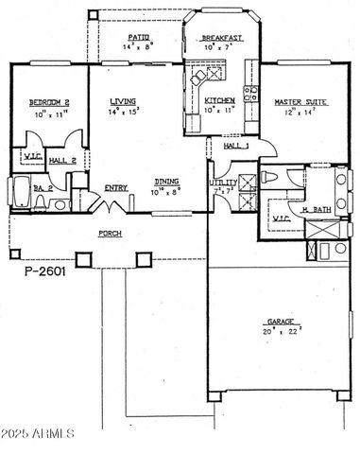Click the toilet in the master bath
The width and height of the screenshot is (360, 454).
click(x=268, y=178)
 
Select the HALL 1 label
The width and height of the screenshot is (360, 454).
click(x=235, y=146)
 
